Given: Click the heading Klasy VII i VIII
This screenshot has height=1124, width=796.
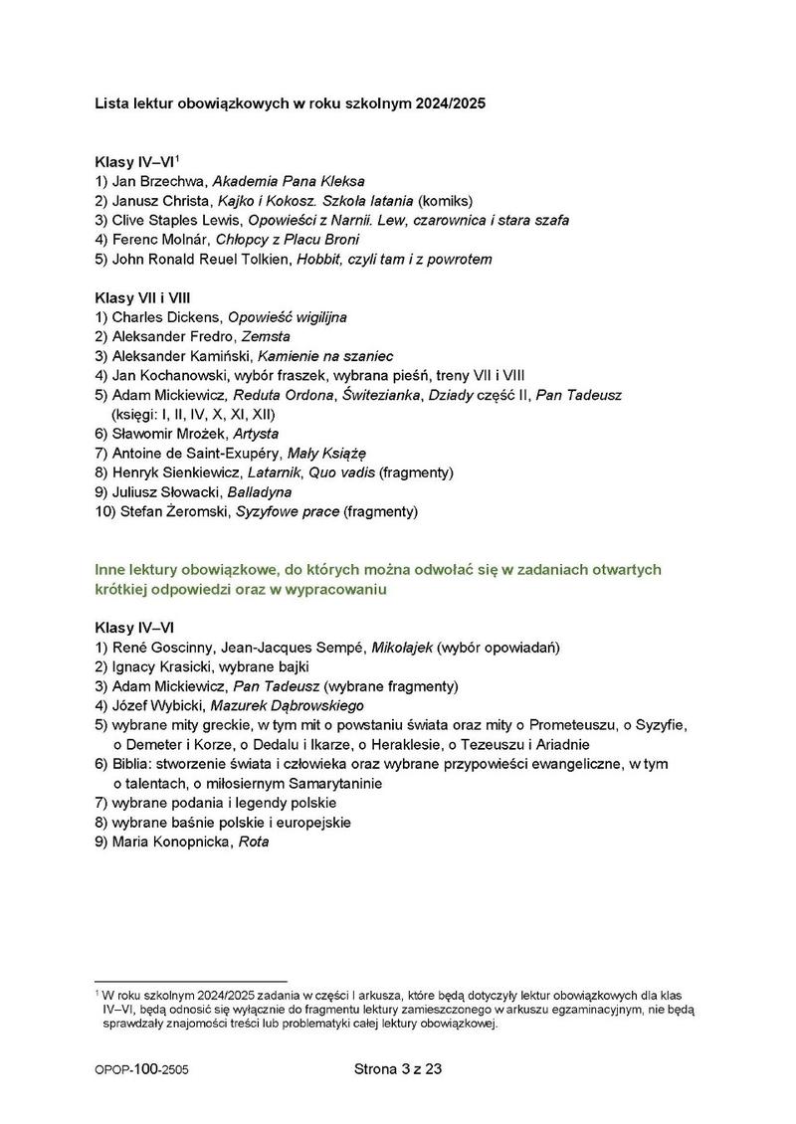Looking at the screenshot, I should coord(142,297).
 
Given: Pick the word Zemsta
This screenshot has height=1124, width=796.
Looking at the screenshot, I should coord(252,336).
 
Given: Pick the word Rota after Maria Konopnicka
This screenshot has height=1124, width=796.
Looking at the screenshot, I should coord(255,842).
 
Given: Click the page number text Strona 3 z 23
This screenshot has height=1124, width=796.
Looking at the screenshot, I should coord(397,1070).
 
